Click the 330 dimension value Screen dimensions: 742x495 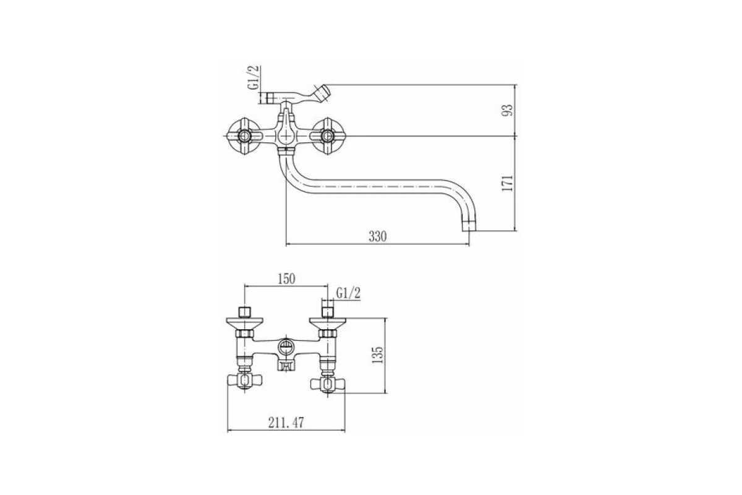pos(378,236)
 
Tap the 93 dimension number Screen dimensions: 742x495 pos(507,110)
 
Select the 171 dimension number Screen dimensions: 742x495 pos(507,183)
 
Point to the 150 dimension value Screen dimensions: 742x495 pos(286,279)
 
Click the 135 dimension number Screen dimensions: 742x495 pos(377,355)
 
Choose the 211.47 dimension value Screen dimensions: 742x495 pos(286,423)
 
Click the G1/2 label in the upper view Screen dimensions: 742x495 pos(254,77)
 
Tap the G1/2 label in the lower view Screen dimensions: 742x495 pos(348,293)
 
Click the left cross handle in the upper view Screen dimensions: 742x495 pos(244,136)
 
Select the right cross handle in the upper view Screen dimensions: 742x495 pos(328,136)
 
